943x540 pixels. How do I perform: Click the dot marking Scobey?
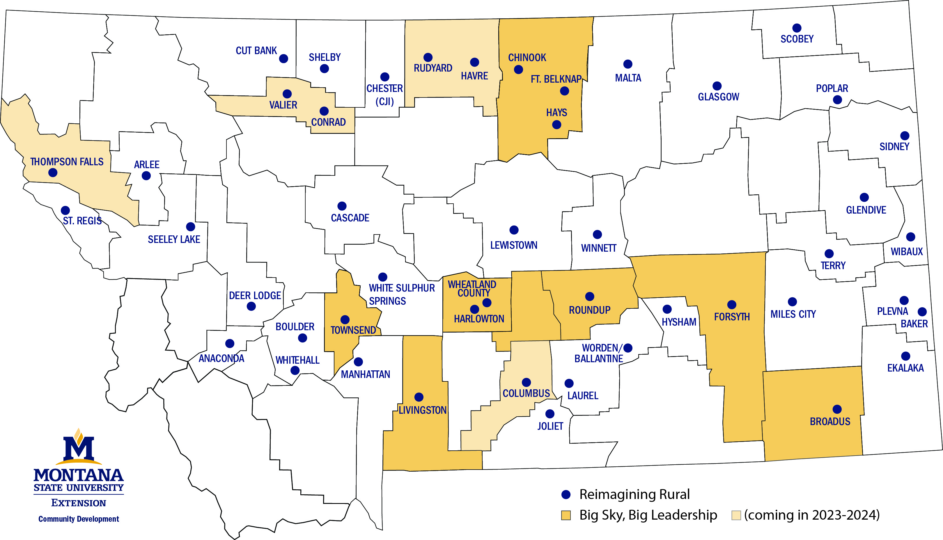tap(797, 28)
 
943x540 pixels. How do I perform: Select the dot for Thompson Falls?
tap(53, 173)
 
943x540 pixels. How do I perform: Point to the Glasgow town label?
tap(718, 97)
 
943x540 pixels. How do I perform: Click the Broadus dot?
tap(836, 409)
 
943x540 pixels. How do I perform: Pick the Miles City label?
tap(793, 315)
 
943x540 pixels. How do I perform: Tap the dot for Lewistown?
tap(513, 230)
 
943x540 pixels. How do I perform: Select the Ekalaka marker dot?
tap(905, 356)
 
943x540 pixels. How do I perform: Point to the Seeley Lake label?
tap(174, 239)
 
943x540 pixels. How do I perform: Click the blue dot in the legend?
tap(566, 494)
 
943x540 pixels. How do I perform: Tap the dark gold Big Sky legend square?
tap(566, 515)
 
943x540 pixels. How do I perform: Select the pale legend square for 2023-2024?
tap(736, 515)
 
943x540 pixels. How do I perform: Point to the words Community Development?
tap(79, 519)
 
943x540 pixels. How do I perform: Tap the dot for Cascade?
tap(342, 206)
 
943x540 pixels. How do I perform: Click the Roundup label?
tap(589, 310)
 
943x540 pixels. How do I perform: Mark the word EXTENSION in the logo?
tap(79, 503)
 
